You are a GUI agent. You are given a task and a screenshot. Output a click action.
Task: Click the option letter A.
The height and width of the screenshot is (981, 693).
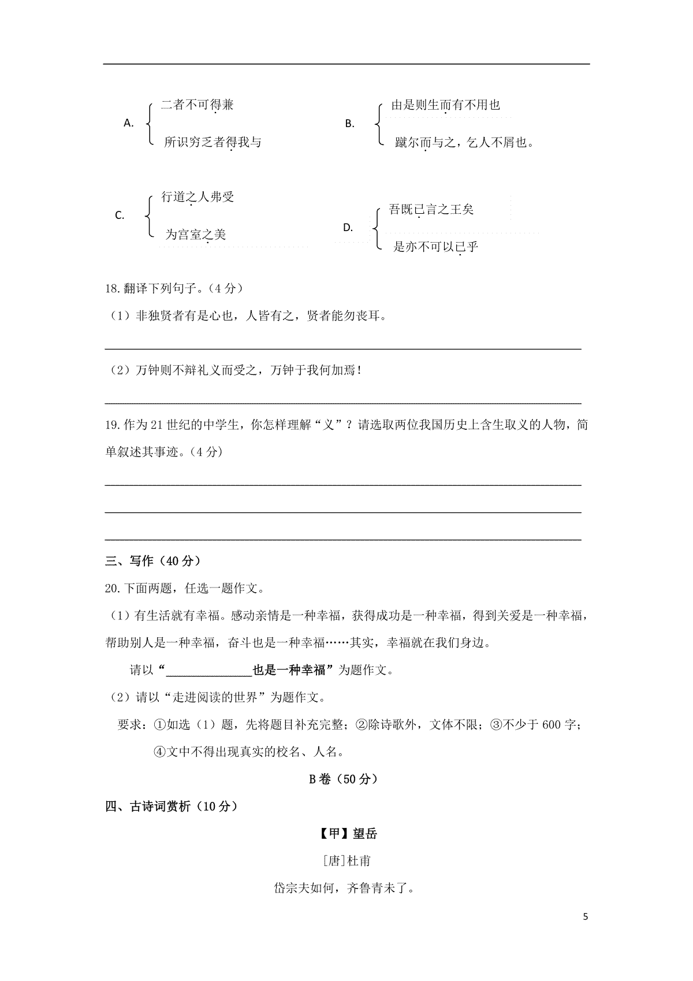click(x=129, y=122)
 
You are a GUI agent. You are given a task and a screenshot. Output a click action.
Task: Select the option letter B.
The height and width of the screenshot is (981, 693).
click(x=349, y=123)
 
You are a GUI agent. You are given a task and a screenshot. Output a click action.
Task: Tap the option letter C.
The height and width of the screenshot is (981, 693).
click(x=120, y=215)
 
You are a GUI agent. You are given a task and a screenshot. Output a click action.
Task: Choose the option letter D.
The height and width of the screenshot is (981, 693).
click(x=348, y=228)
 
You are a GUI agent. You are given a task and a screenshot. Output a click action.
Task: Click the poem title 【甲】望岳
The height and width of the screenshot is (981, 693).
click(x=347, y=834)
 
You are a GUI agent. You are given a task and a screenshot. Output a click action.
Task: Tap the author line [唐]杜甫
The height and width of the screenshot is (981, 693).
click(x=347, y=861)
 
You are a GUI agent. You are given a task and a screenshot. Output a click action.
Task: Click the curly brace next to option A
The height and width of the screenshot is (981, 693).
click(x=150, y=122)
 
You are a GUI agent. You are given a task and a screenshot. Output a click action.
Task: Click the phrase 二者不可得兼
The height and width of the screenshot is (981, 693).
click(x=198, y=105)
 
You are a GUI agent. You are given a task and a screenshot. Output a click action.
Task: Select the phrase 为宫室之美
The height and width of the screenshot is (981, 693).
click(x=195, y=234)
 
